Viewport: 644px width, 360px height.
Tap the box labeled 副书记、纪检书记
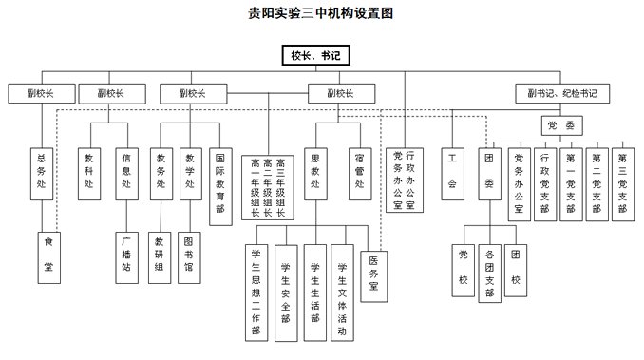click(562, 93)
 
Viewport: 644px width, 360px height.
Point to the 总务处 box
click(41, 172)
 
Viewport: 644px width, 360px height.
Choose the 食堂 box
click(48, 256)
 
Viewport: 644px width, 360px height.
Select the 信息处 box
click(125, 172)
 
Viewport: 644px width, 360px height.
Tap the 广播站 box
click(125, 256)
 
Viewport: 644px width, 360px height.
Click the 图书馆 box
click(192, 256)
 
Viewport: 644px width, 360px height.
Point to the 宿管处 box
click(359, 172)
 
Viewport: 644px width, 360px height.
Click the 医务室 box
click(374, 274)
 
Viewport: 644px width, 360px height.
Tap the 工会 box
click(452, 172)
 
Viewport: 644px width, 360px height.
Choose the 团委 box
click(489, 172)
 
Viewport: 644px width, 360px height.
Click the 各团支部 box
click(489, 273)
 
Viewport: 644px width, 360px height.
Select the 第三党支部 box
click(622, 180)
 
